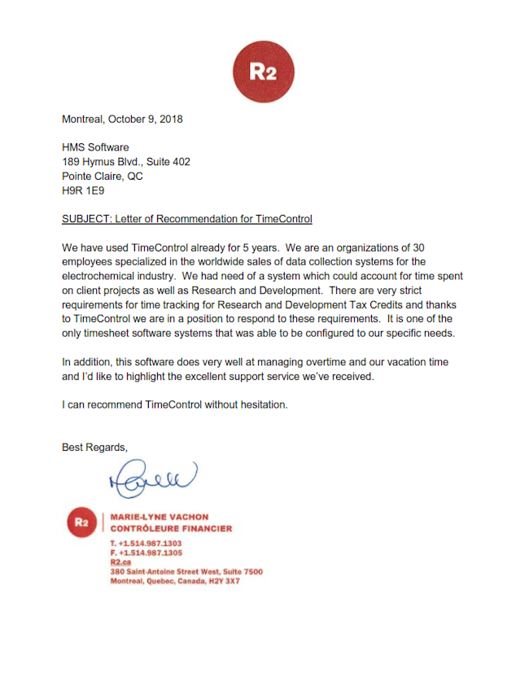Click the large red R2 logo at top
[263, 71]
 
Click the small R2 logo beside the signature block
[81, 522]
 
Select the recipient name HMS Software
[95, 147]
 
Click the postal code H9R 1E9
[83, 191]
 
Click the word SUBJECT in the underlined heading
[86, 219]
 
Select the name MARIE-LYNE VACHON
[159, 517]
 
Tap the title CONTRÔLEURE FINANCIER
[171, 528]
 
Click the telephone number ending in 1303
[146, 543]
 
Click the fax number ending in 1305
[146, 553]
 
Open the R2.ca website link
[120, 562]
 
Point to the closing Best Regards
[95, 447]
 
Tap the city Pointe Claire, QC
[103, 177]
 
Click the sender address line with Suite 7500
[186, 572]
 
